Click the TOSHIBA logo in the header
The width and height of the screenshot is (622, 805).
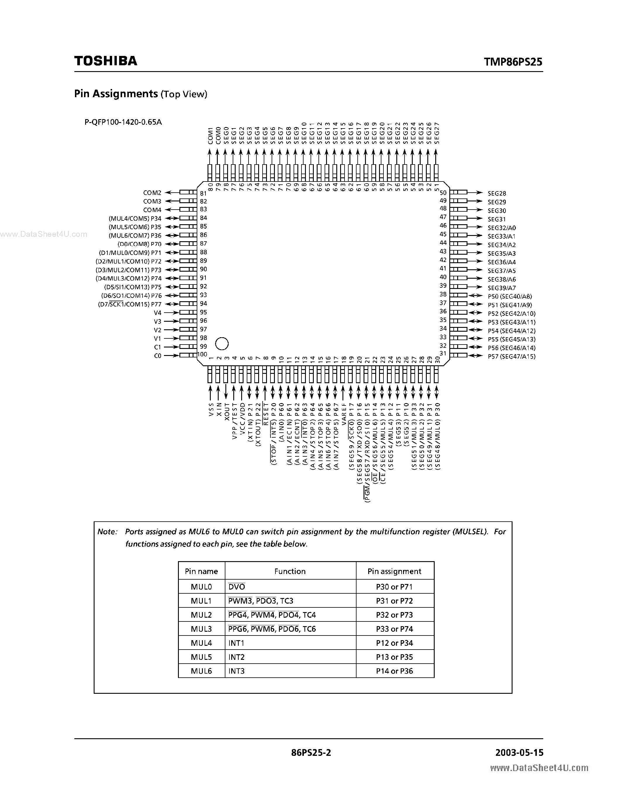click(x=106, y=61)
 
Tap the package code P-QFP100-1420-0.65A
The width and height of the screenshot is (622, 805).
click(x=123, y=122)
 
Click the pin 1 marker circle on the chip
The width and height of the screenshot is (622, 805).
click(x=222, y=344)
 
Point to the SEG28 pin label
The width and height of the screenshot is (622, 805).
click(x=497, y=193)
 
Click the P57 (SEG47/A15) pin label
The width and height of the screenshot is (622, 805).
click(x=511, y=357)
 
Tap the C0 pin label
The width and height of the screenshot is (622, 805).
click(x=157, y=356)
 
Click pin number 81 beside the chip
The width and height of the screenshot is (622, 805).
click(x=203, y=193)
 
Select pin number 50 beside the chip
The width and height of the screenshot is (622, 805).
click(x=443, y=192)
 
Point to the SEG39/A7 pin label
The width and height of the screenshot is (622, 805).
click(x=501, y=288)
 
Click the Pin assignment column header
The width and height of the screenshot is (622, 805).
click(x=394, y=571)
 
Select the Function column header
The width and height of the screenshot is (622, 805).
click(x=290, y=571)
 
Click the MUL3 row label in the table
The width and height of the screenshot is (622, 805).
click(x=201, y=629)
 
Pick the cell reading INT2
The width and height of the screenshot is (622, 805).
click(x=236, y=657)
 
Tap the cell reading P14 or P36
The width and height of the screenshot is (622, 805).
click(x=394, y=671)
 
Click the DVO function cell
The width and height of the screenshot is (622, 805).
click(x=237, y=587)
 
